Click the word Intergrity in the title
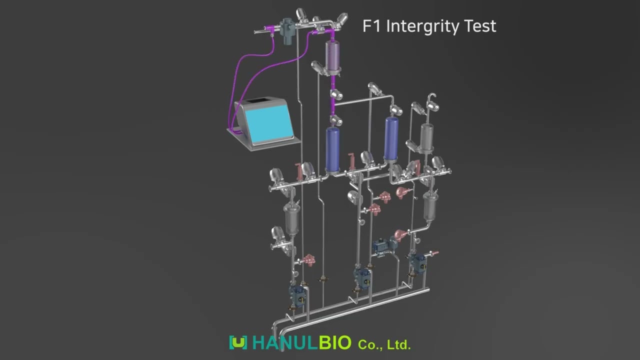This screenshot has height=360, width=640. [422, 26]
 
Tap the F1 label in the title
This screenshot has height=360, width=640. [372, 25]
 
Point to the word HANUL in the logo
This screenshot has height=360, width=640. [285, 342]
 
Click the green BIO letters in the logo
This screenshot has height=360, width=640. [335, 342]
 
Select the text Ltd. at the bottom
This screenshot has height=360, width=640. [399, 345]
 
